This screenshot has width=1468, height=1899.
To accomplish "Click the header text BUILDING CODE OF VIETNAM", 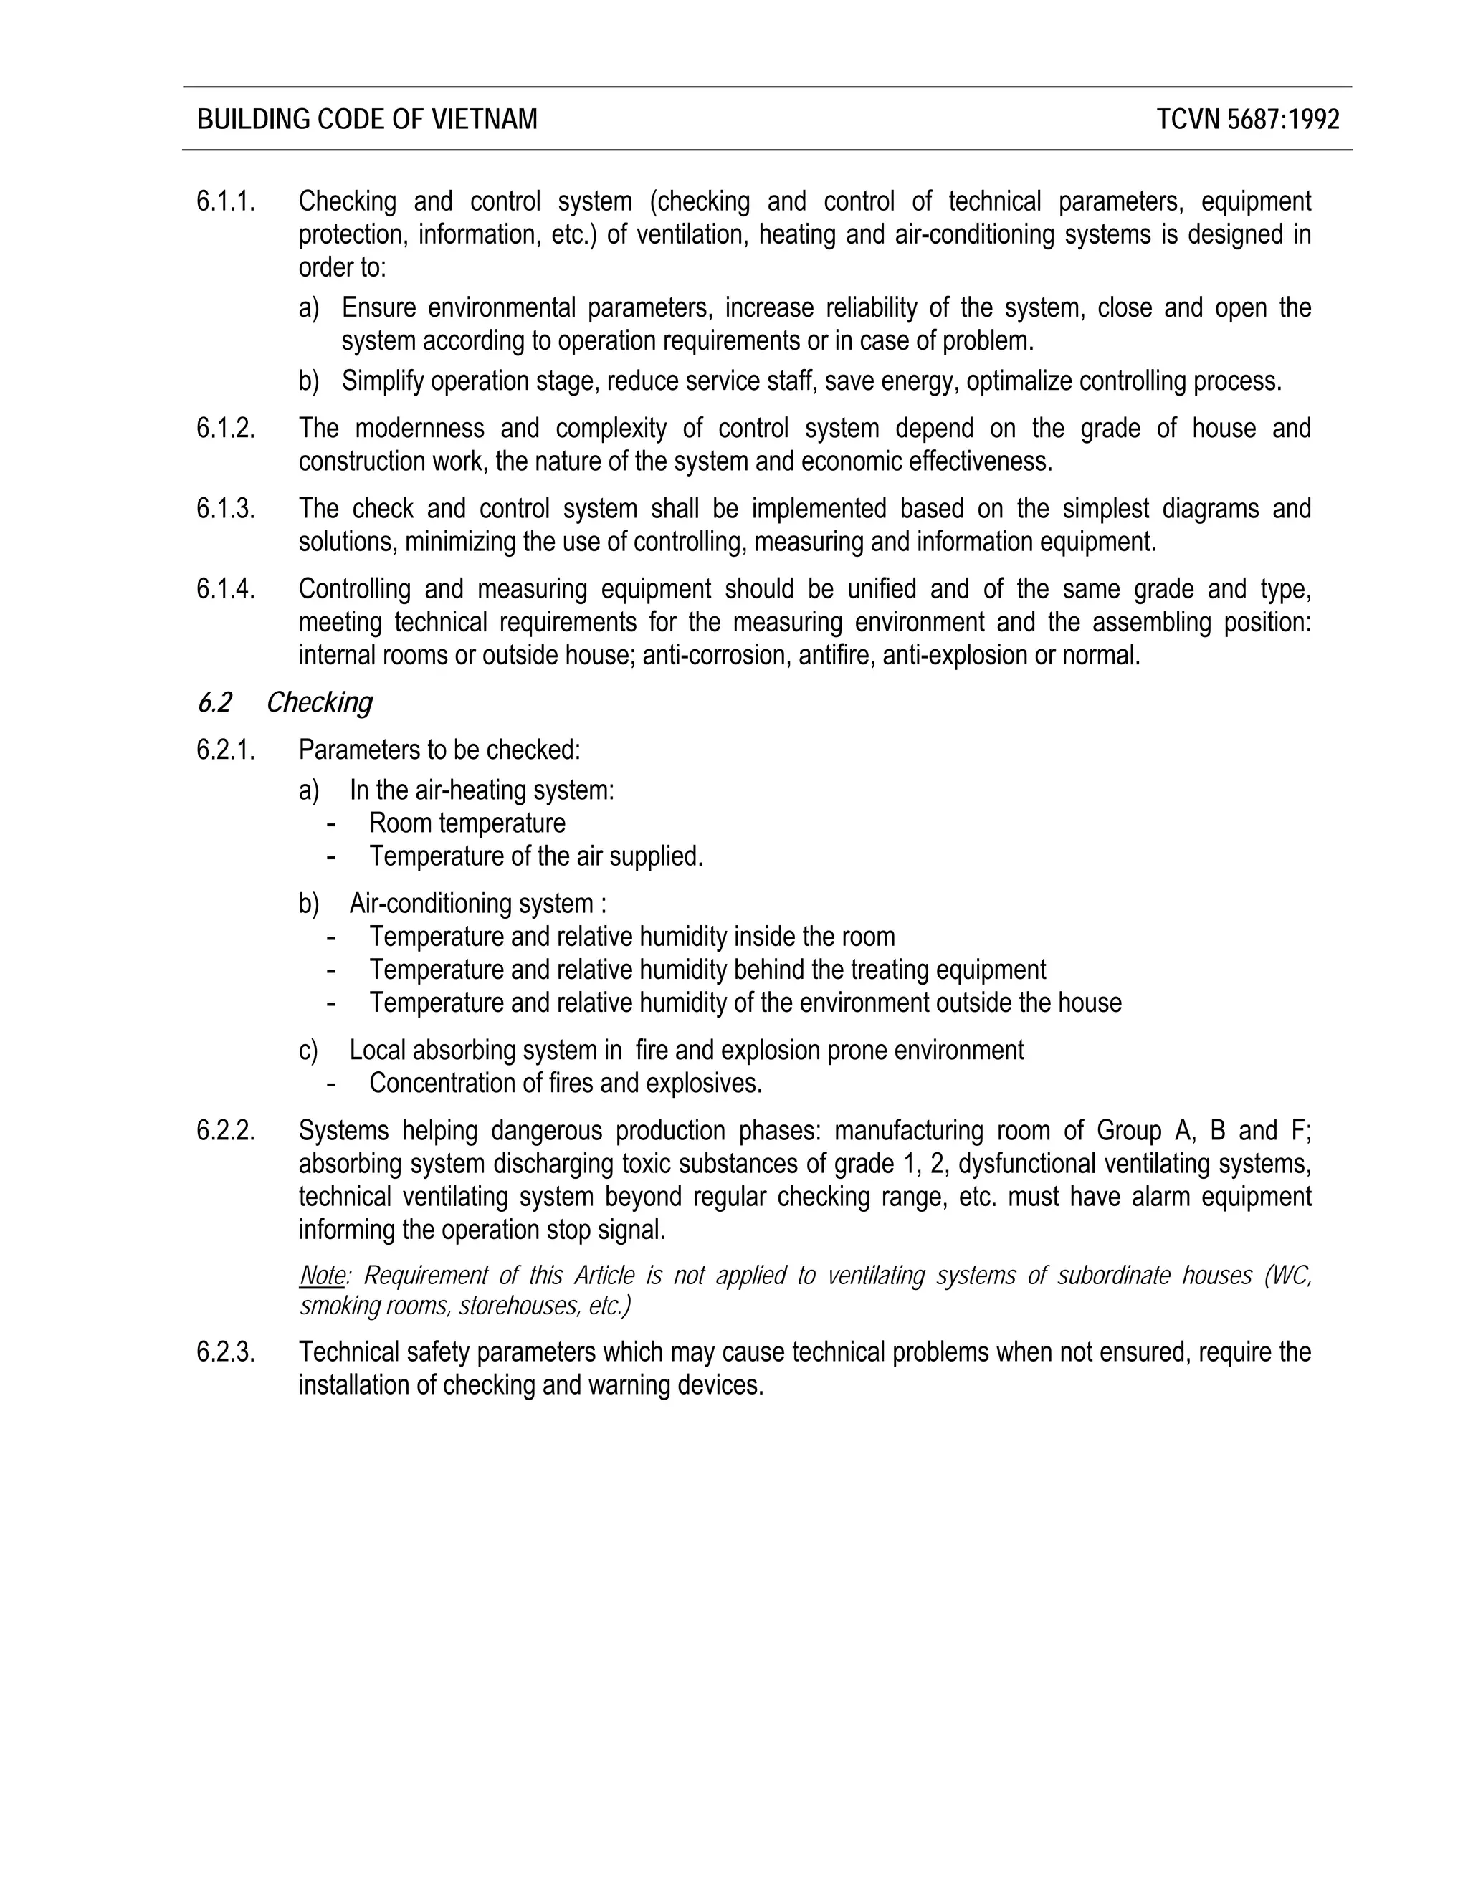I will pos(367,119).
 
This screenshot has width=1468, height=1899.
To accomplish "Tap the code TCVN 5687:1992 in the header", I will pos(1248,119).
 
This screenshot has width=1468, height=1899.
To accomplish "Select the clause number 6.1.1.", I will pos(226,202).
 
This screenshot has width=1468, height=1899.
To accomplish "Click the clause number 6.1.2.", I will pos(226,429).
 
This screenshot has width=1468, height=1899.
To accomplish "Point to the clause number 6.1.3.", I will pos(226,509).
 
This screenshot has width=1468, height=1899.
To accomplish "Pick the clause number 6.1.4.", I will pos(226,590).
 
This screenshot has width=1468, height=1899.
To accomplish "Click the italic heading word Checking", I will pos(319,702).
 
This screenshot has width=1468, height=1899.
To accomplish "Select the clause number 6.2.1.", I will pos(226,750).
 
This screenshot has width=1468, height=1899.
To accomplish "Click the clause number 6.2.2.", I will pos(226,1132).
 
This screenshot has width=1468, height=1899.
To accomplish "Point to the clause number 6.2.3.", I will pos(226,1352).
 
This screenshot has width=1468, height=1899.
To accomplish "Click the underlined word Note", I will pos(322,1276).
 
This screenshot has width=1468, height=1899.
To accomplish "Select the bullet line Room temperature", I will pos(467,823).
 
